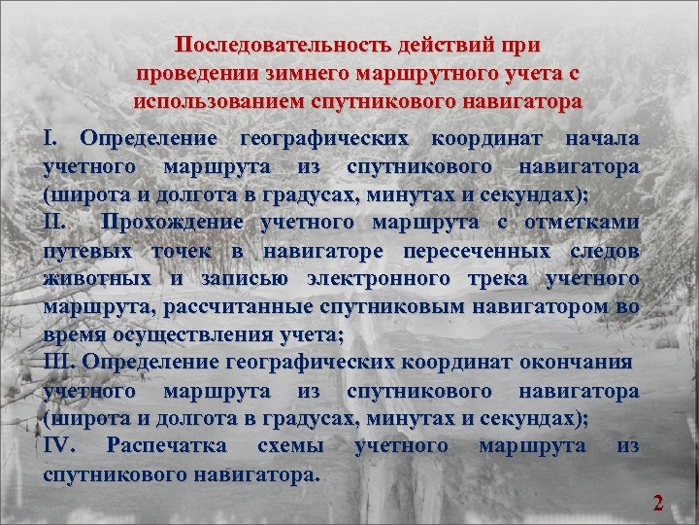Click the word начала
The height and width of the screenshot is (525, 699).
click(602, 139)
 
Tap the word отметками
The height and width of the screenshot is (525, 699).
click(582, 223)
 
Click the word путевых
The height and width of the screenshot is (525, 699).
click(88, 251)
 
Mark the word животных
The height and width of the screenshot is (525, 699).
click(98, 279)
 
